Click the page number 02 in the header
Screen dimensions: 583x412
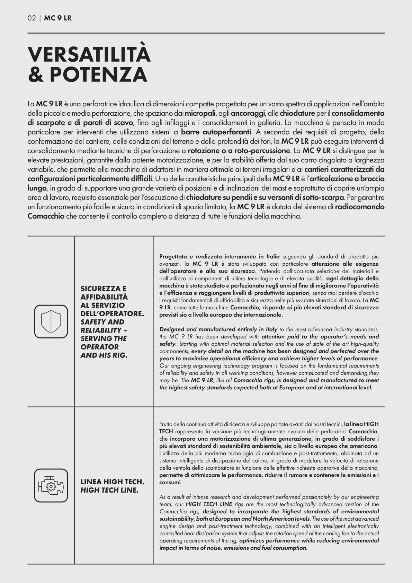click(32, 18)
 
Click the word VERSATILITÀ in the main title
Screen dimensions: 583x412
click(89, 54)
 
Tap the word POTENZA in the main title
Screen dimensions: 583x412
click(99, 74)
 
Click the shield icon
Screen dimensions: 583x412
click(51, 321)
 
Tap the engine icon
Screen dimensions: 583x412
click(51, 485)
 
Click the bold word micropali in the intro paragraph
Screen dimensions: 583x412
click(200, 113)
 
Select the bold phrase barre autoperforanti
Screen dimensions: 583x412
click(216, 132)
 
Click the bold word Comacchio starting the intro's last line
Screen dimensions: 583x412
click(46, 217)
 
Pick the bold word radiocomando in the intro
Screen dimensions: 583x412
click(360, 207)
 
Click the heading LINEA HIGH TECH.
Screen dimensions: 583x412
click(112, 482)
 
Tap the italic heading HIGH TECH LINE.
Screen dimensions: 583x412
click(109, 490)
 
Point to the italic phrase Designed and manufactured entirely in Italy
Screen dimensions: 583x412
click(218, 329)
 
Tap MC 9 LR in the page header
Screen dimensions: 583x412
click(58, 18)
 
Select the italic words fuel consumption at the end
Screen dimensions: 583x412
click(289, 548)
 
